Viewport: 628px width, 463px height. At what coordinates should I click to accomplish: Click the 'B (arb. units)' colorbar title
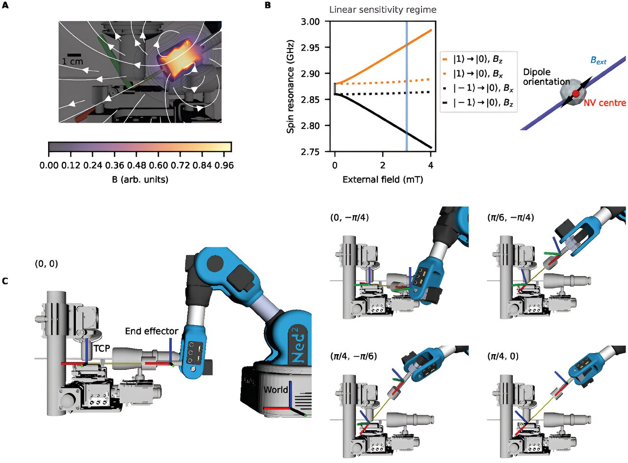(140, 180)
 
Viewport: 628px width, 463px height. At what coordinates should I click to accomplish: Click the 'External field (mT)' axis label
(383, 180)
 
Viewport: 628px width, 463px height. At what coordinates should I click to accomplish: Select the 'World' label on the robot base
(275, 390)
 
